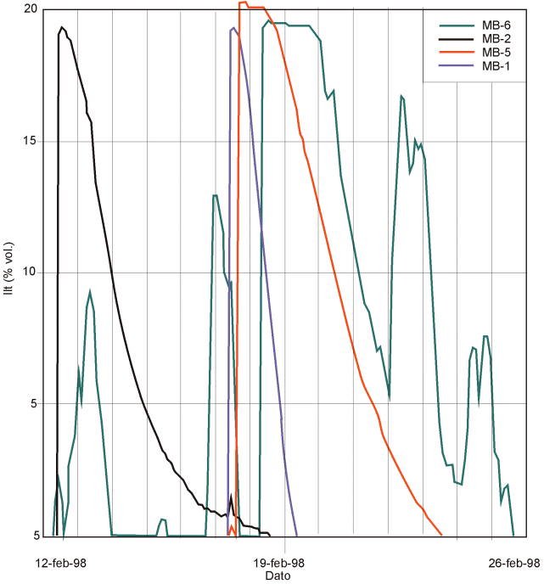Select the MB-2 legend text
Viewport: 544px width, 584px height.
pos(496,38)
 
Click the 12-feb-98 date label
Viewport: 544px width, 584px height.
pos(60,562)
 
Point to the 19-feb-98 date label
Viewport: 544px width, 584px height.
pos(280,562)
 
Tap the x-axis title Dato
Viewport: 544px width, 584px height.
pos(278,576)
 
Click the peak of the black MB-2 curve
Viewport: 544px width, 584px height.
pos(62,27)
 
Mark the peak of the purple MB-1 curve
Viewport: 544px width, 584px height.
pos(233,28)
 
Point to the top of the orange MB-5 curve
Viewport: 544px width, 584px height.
pos(244,3)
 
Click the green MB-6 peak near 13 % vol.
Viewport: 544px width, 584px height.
pos(216,195)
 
